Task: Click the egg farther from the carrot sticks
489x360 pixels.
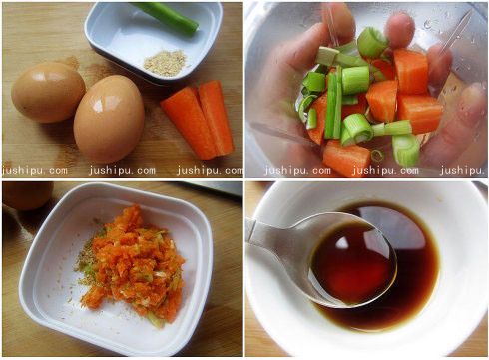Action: click(x=47, y=92)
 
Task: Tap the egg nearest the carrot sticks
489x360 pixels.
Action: click(x=108, y=120)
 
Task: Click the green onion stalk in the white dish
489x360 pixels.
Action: click(x=166, y=17)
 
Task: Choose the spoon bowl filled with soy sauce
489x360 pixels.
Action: click(x=350, y=266)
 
